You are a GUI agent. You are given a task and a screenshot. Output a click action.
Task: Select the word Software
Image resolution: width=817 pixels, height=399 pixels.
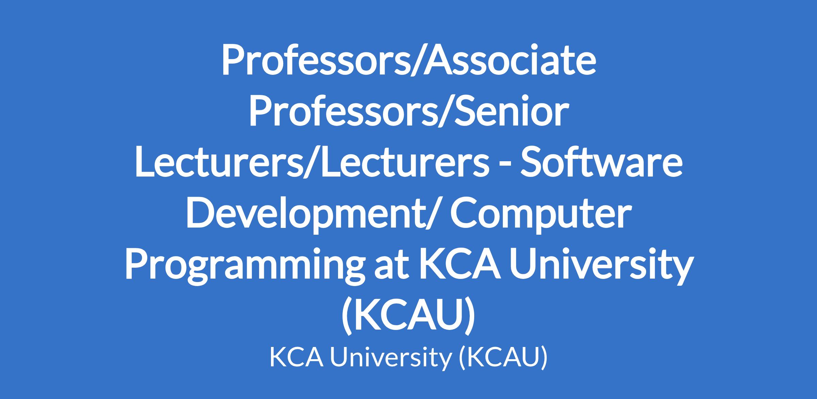click(x=602, y=163)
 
